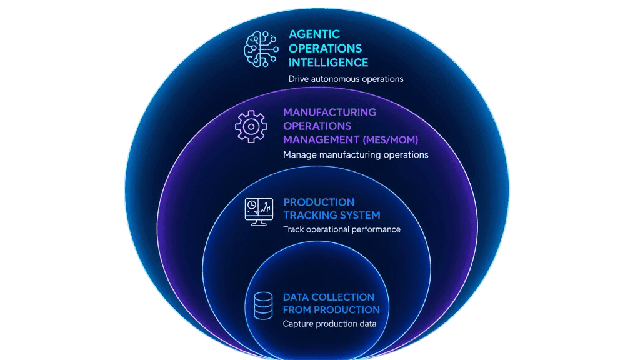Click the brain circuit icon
pyautogui.click(x=261, y=49)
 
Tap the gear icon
pyautogui.click(x=251, y=126)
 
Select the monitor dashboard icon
pyautogui.click(x=259, y=212)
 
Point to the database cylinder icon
pyautogui.click(x=263, y=306)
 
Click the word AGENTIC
pyautogui.click(x=314, y=34)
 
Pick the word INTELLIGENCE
pyautogui.click(x=329, y=62)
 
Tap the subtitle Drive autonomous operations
pyautogui.click(x=346, y=79)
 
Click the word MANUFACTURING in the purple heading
pyautogui.click(x=330, y=112)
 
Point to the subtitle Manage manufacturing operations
pyautogui.click(x=356, y=155)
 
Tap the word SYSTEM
pyautogui.click(x=360, y=215)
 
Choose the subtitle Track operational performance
pyautogui.click(x=342, y=229)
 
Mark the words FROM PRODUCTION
pyautogui.click(x=331, y=310)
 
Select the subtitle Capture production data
pyautogui.click(x=330, y=324)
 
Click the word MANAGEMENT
pyautogui.click(x=321, y=140)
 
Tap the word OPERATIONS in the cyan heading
pyautogui.click(x=325, y=49)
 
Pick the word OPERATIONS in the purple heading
pyautogui.click(x=317, y=126)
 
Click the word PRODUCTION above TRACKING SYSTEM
pyautogui.click(x=319, y=202)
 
